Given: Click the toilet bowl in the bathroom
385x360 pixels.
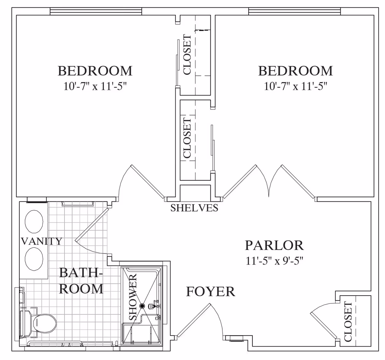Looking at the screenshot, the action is click(45, 323).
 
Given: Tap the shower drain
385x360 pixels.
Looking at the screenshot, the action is click(142, 306).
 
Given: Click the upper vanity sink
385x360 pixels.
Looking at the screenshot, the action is click(34, 222).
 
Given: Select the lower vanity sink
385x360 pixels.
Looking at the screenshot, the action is click(34, 259).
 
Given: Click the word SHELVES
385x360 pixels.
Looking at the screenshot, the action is click(194, 208).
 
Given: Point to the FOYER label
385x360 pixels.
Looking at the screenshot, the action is click(211, 292).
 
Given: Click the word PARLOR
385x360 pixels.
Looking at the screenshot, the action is click(274, 245).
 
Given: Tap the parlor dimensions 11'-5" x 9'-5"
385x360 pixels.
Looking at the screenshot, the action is click(274, 261).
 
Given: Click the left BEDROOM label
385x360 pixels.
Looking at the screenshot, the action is click(95, 71).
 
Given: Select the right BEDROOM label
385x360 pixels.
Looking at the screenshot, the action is click(295, 71).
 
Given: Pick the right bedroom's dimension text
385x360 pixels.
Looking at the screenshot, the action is click(295, 86).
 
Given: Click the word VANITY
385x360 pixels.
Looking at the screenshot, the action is click(41, 241).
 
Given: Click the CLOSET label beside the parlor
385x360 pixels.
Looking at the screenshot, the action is click(348, 322).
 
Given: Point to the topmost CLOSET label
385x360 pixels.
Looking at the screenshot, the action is click(187, 54).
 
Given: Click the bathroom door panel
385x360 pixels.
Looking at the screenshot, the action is click(91, 225).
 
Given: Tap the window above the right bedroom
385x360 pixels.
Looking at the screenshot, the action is click(295, 11).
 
